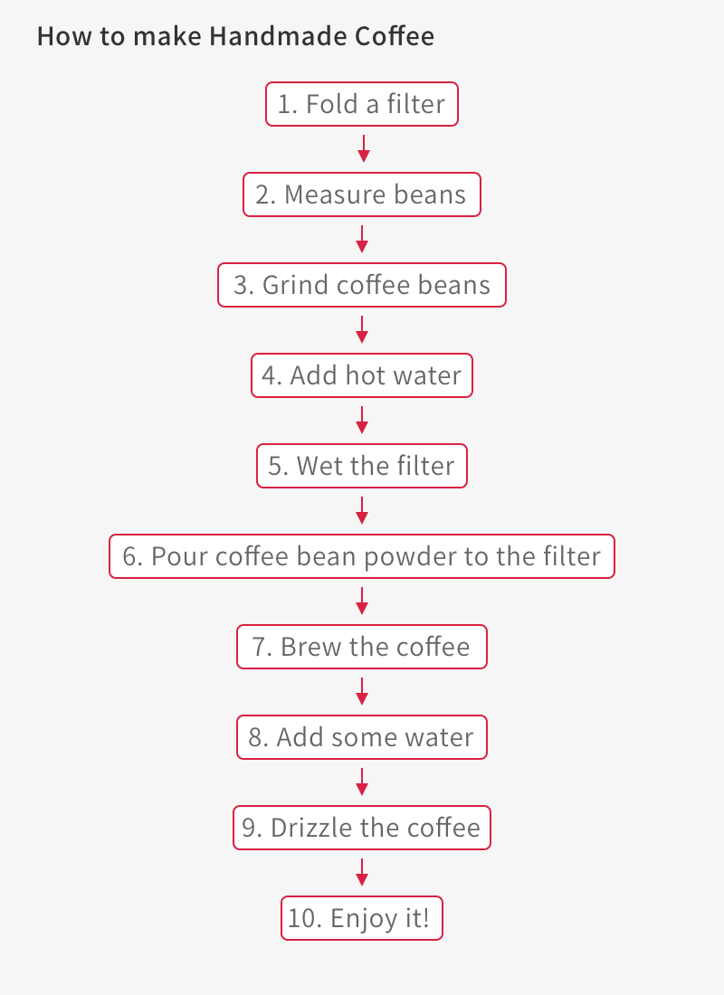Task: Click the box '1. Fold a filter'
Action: coord(362,104)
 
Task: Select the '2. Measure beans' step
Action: coord(362,194)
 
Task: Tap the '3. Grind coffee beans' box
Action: coord(362,285)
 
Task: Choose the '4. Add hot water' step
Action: coord(362,375)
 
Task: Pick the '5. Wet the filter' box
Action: coord(362,466)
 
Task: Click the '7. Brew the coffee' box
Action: coord(362,647)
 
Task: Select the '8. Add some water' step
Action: coord(362,737)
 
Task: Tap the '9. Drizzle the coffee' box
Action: coord(362,828)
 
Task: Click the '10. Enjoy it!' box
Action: coord(362,918)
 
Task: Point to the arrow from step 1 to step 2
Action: coord(363,148)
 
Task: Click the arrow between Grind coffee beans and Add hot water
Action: coord(362,330)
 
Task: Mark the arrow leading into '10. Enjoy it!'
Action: coord(362,873)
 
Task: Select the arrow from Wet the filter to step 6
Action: coord(362,511)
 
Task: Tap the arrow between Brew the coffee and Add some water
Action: coord(362,692)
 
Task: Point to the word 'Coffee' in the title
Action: coord(395,36)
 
